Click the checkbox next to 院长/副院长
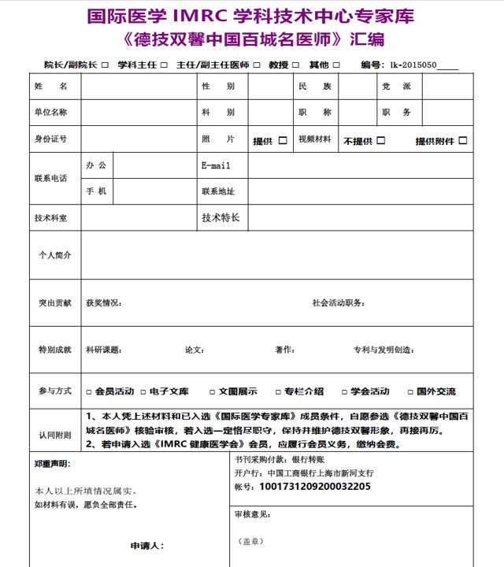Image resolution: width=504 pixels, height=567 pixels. point(104,65)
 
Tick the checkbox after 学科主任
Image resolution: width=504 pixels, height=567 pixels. point(163,65)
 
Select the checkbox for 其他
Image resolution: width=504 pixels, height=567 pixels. point(336,65)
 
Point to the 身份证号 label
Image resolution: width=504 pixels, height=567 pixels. point(51,139)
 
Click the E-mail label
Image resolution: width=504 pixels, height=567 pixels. point(216,165)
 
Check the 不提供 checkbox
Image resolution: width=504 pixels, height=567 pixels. point(381,141)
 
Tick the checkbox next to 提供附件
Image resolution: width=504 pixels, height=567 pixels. point(463,141)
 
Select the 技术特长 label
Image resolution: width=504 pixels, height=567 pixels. point(220,217)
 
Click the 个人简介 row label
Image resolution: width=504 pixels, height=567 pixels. point(55,255)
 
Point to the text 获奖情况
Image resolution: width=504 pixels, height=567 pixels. point(103,303)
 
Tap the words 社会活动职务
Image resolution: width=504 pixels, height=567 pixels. point(338,303)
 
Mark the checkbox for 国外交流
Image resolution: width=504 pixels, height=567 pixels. point(411,391)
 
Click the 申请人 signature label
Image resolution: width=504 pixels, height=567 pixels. point(146,545)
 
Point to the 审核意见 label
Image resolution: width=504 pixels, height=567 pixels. point(253,513)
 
